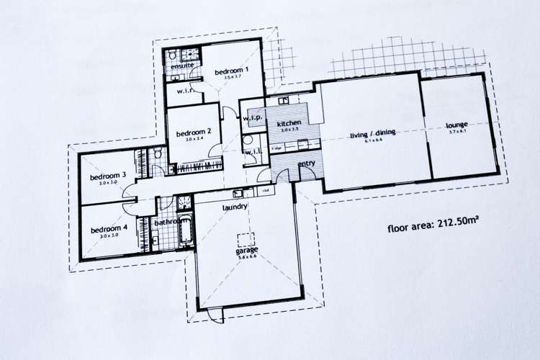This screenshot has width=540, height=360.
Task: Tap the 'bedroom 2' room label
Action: pos(194,132)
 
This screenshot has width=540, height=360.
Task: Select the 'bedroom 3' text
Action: pos(108,176)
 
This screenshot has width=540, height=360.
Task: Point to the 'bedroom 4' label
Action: pos(109,229)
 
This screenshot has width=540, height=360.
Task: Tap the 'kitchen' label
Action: pos(289,124)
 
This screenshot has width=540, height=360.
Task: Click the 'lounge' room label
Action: pos(457,125)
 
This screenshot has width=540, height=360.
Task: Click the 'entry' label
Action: pos(307,164)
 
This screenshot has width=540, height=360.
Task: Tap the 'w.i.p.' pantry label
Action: pos(251,117)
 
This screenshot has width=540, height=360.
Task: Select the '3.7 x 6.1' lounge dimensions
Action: pos(457,132)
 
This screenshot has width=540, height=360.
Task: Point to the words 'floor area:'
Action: pos(410,229)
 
